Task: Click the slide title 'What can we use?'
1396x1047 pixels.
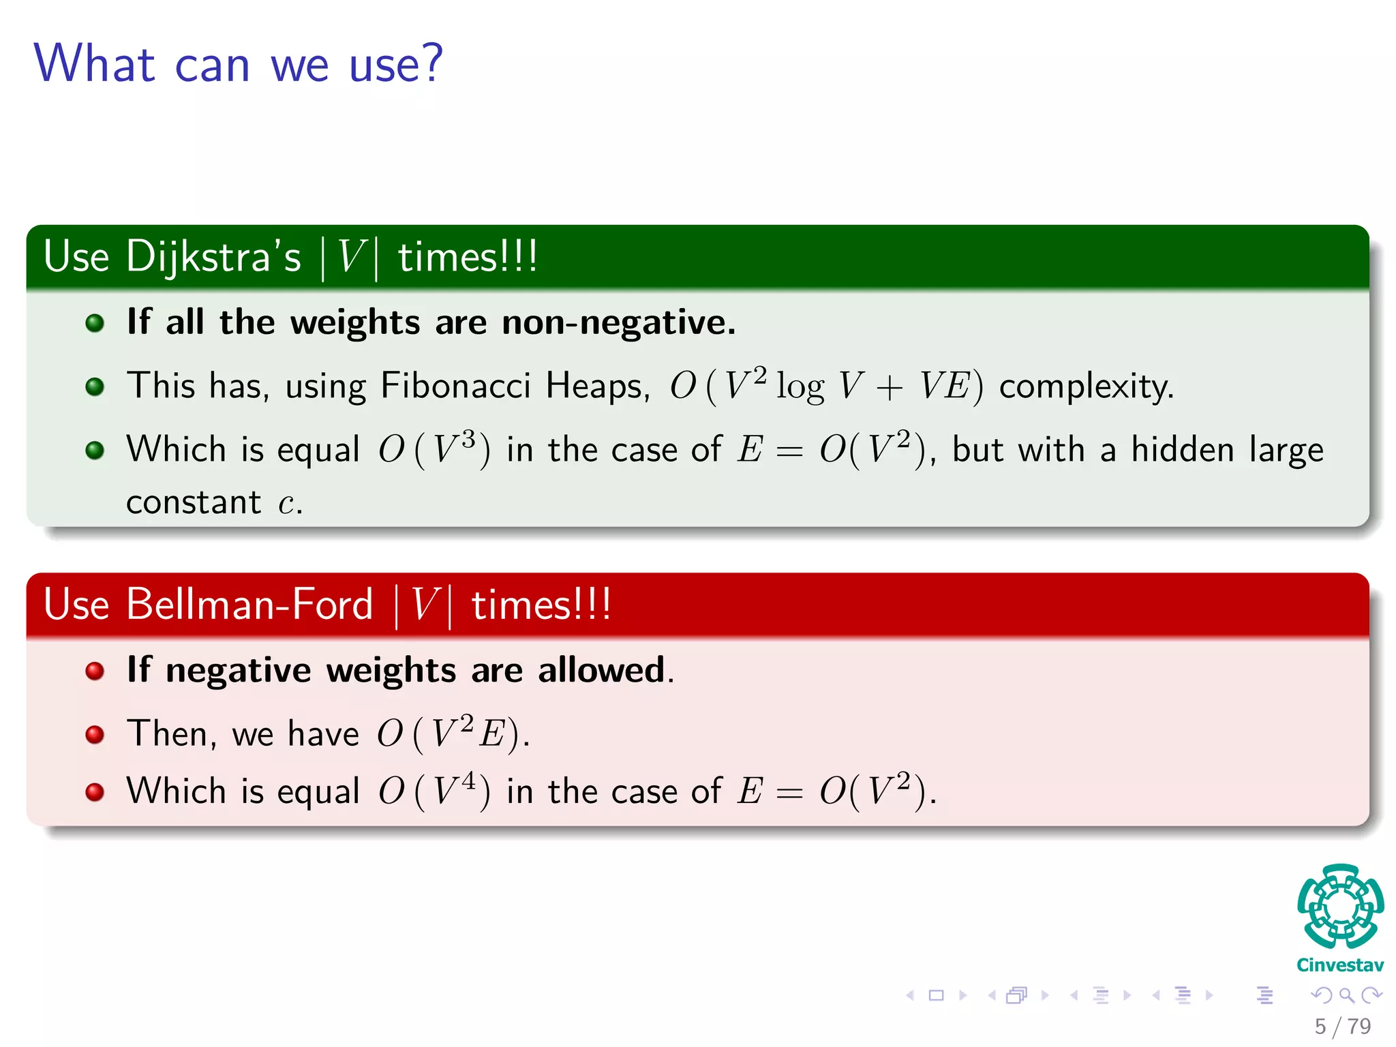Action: click(238, 63)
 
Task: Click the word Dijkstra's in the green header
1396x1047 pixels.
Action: click(213, 257)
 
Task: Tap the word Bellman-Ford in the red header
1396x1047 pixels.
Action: click(249, 605)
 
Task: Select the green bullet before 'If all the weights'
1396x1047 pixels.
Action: click(95, 322)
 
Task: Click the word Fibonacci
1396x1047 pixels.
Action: click(455, 386)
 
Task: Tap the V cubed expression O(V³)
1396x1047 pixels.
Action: click(434, 450)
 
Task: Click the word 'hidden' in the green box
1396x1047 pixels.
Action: click(1183, 450)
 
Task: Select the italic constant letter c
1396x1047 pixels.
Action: click(286, 504)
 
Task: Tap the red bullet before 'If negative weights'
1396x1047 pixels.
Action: click(95, 671)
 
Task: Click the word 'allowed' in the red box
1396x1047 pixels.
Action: click(601, 670)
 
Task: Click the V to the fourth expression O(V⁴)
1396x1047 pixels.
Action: click(434, 791)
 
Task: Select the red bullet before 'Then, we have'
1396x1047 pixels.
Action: click(95, 734)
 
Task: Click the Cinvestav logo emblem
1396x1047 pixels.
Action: click(1340, 907)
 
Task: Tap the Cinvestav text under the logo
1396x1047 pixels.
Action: click(1340, 965)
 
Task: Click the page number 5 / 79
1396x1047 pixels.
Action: click(1342, 1026)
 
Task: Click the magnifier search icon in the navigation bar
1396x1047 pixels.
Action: click(1346, 995)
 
